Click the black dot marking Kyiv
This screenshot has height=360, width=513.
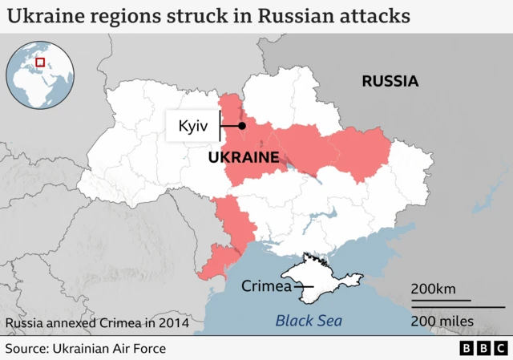[x=241, y=126]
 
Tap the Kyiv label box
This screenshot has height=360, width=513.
[x=192, y=127]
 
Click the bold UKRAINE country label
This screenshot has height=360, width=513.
[x=243, y=158]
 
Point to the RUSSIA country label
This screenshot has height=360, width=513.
[x=390, y=81]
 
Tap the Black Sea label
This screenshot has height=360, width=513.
[x=308, y=321]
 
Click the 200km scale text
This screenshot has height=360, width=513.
[x=434, y=289]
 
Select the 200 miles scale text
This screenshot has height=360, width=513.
[x=442, y=322]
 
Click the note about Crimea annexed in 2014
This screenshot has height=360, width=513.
[x=97, y=323]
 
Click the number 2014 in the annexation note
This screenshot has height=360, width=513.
[x=174, y=323]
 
